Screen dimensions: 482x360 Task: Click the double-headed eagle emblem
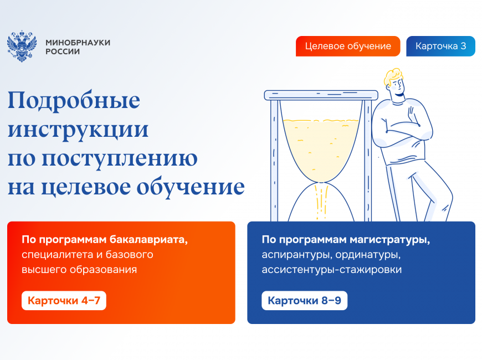click(22, 46)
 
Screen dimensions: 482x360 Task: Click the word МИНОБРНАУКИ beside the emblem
click(78, 43)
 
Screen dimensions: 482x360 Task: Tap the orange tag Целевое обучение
click(348, 46)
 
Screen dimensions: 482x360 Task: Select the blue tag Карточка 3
click(440, 46)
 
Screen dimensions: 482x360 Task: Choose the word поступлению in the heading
click(120, 159)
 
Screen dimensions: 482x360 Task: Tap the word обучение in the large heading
click(191, 187)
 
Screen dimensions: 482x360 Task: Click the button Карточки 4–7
click(64, 300)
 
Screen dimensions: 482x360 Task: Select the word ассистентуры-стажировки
click(332, 270)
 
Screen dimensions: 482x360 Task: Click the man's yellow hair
click(393, 76)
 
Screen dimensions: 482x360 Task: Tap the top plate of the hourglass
click(321, 95)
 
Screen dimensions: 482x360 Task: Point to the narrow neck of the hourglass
click(321, 183)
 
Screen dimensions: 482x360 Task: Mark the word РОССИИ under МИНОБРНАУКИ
click(63, 52)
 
